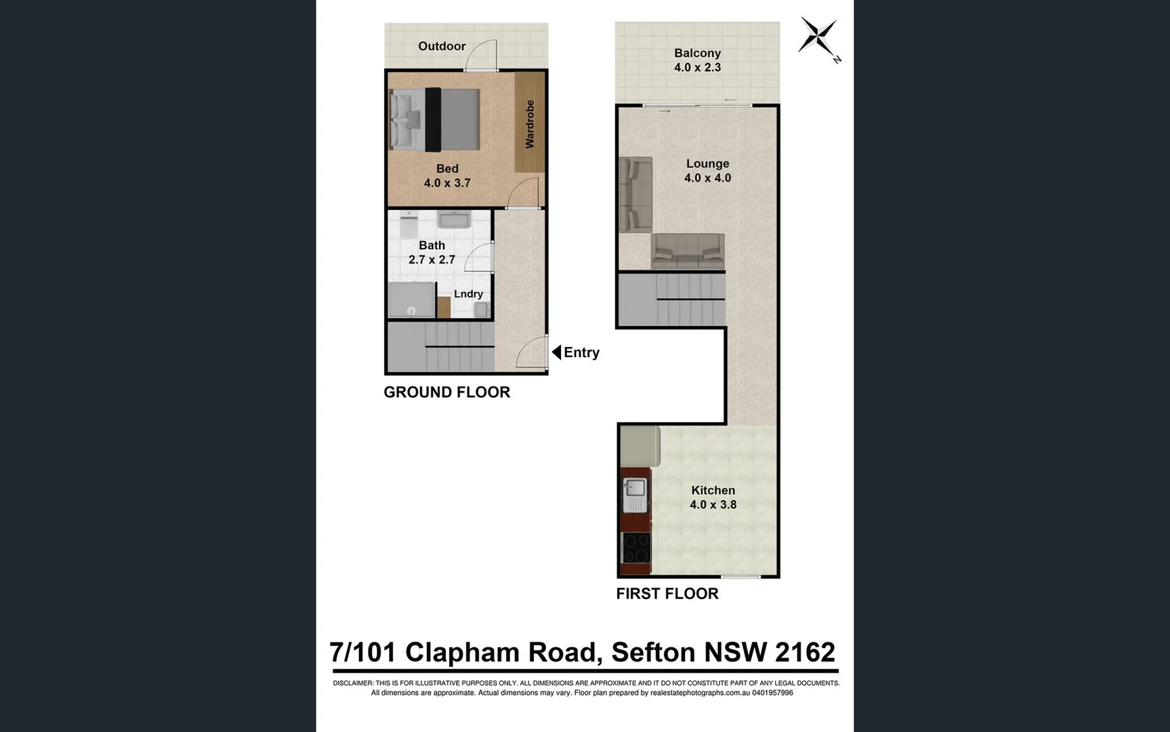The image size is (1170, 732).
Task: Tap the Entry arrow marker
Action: [x=556, y=352]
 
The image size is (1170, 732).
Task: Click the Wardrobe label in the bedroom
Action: [x=530, y=124]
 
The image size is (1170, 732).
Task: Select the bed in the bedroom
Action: [x=435, y=120]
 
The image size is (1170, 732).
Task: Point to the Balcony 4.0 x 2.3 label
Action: [x=697, y=60]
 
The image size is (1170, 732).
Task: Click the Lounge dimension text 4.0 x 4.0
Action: [x=707, y=178]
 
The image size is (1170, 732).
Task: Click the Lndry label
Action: [x=468, y=294]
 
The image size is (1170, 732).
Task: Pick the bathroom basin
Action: [x=454, y=220]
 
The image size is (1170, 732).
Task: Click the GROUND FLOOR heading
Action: [x=446, y=392]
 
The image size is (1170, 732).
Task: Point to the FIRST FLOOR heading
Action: [x=667, y=594]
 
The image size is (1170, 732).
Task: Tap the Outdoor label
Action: [x=442, y=46]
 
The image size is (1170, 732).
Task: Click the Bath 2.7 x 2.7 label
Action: [x=432, y=253]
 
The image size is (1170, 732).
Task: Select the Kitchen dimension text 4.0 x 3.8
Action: [x=713, y=505]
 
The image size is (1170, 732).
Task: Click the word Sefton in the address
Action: [x=653, y=652]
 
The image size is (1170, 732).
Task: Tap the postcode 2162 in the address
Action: [x=804, y=652]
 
